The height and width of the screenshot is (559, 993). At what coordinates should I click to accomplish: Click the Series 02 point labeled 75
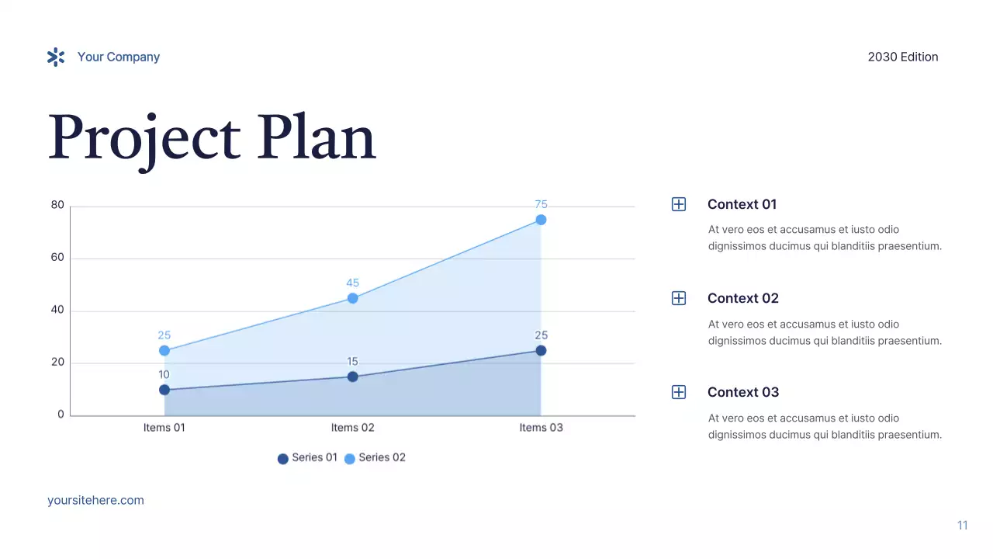(541, 220)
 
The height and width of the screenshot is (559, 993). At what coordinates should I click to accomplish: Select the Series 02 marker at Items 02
(352, 298)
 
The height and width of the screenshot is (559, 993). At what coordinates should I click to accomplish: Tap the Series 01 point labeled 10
(164, 390)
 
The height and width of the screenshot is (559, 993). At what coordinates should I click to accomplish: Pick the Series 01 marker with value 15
(352, 377)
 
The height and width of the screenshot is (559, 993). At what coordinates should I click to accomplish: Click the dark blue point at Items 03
(541, 351)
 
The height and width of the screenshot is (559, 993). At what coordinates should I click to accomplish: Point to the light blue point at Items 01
(164, 351)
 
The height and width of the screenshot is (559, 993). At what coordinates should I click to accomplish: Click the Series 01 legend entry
(308, 458)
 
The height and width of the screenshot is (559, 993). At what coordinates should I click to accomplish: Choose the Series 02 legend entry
(375, 458)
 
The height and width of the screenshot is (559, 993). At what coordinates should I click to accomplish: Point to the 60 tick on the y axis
(57, 258)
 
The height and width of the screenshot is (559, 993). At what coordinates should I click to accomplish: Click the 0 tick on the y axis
(61, 415)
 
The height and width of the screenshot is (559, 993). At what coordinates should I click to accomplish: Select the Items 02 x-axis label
(352, 428)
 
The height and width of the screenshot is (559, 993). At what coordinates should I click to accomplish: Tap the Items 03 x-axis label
(541, 428)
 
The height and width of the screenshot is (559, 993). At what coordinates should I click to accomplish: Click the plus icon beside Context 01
(679, 204)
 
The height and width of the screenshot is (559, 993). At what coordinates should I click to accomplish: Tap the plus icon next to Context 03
(679, 392)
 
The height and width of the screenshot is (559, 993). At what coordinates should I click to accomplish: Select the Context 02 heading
(742, 298)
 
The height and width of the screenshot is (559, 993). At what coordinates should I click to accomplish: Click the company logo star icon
(56, 57)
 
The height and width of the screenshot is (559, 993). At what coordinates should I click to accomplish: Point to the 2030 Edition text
(902, 57)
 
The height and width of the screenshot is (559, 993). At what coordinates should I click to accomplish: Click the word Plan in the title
(317, 138)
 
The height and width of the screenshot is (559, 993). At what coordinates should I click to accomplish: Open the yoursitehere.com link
(95, 500)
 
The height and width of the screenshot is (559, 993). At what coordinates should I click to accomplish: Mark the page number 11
(962, 526)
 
